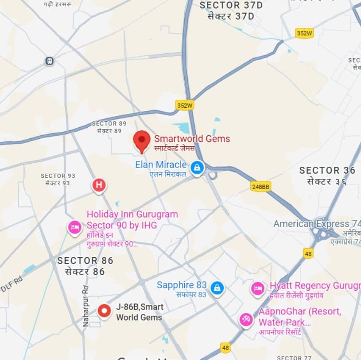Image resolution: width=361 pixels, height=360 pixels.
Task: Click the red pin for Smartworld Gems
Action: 142,140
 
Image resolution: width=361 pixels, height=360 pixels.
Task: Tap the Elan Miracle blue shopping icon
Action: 197,168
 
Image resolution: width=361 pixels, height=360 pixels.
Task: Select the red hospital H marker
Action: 99,185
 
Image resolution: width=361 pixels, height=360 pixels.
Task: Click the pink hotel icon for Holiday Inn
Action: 74,227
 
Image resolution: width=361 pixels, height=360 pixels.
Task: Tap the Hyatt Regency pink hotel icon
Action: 258,289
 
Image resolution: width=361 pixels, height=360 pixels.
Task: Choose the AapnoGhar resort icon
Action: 246,319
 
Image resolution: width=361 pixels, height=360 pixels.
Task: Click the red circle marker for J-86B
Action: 105,311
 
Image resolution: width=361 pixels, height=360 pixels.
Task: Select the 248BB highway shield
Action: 260,186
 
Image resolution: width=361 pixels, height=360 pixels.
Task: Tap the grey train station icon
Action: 49,61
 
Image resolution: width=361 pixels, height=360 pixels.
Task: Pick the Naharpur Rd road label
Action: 86,306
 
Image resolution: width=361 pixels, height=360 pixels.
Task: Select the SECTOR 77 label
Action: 294,357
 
